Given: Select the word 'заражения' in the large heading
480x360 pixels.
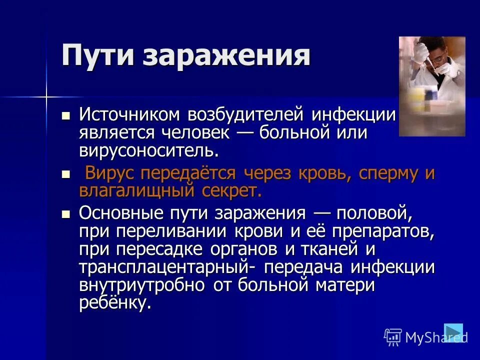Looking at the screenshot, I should tap(226, 55).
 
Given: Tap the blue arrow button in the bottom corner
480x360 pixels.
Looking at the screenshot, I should tap(453, 332).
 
